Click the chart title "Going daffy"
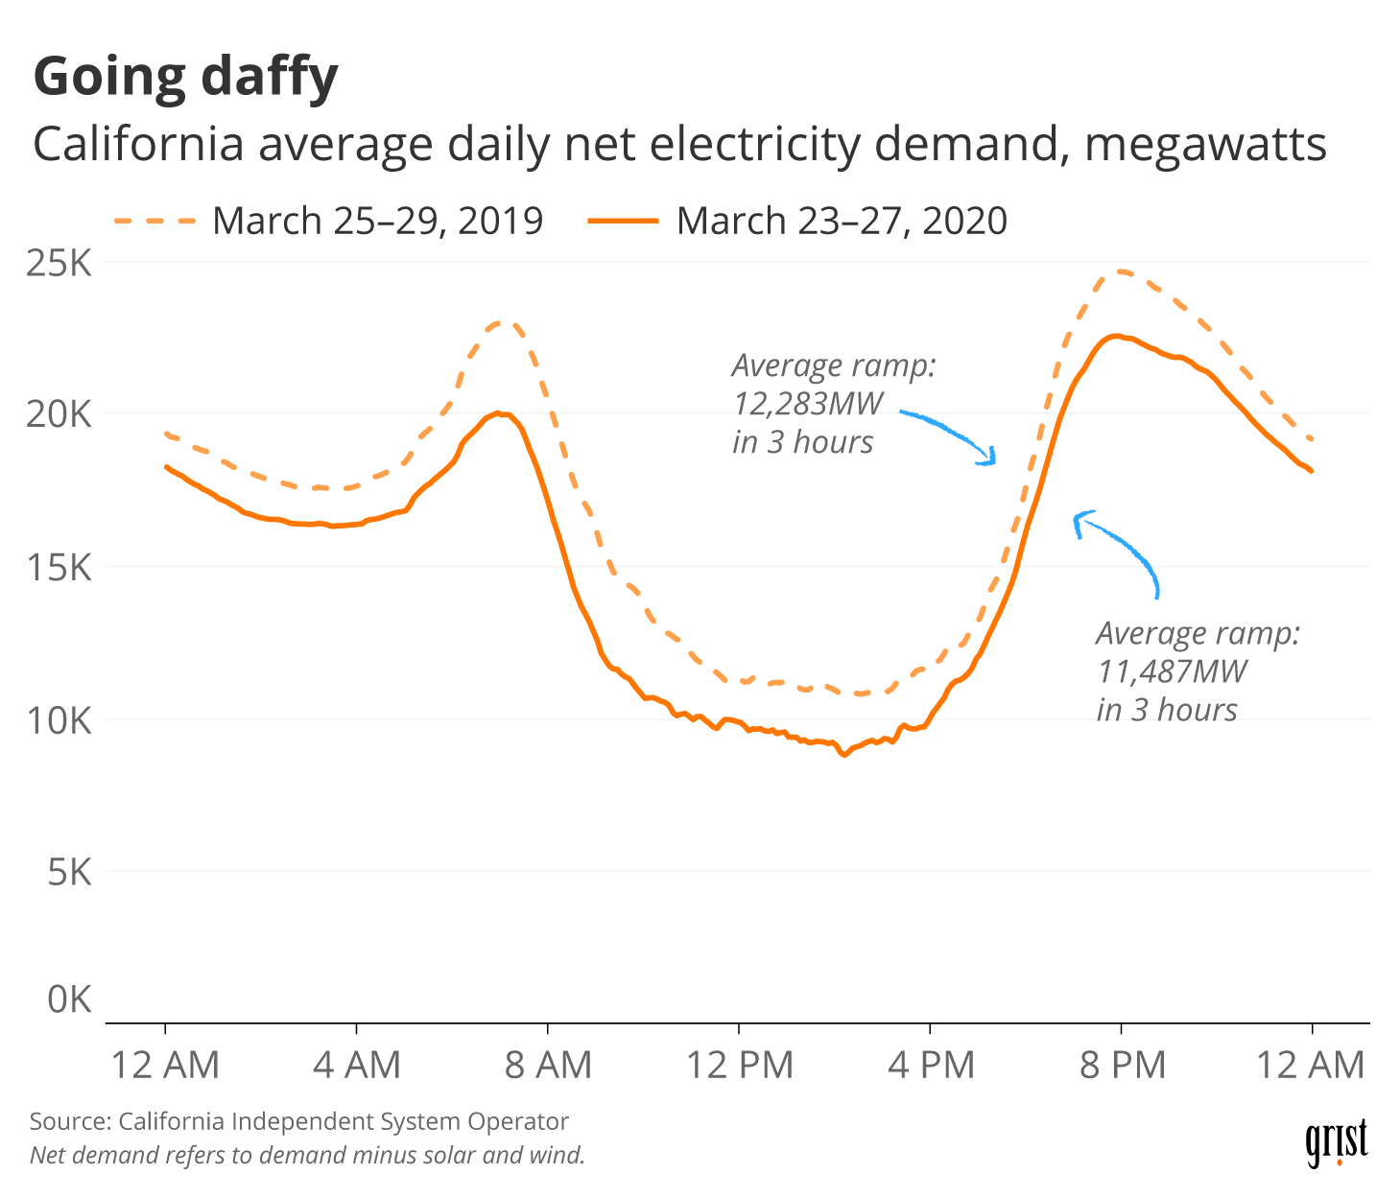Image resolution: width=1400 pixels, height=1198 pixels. [x=186, y=77]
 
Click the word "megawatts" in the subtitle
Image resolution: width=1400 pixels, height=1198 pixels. [x=1206, y=145]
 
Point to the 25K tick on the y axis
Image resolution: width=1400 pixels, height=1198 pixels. [x=59, y=262]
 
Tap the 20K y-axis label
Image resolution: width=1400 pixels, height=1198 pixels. [x=59, y=414]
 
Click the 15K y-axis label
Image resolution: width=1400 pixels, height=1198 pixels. [x=59, y=567]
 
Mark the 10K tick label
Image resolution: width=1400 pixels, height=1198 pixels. [x=59, y=719]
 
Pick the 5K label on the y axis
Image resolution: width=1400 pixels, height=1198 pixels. [x=69, y=872]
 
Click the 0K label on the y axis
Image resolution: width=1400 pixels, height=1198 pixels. [x=69, y=999]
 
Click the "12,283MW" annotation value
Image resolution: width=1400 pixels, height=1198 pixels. [x=808, y=403]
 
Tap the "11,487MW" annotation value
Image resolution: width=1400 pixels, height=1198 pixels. [x=1172, y=670]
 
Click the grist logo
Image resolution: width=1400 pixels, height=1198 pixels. [x=1336, y=1142]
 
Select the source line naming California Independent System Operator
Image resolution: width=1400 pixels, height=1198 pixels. [x=299, y=1121]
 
